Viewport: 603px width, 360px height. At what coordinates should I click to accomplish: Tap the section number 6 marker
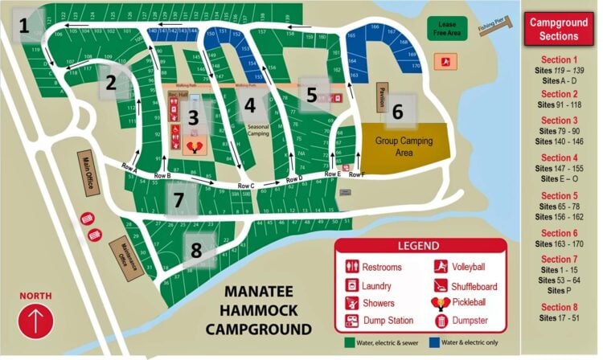(x=397, y=112)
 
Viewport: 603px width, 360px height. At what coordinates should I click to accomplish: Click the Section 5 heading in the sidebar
(x=560, y=195)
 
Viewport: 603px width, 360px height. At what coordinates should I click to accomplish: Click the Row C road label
(x=245, y=186)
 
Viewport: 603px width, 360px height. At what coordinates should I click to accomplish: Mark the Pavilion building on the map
(x=383, y=98)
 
